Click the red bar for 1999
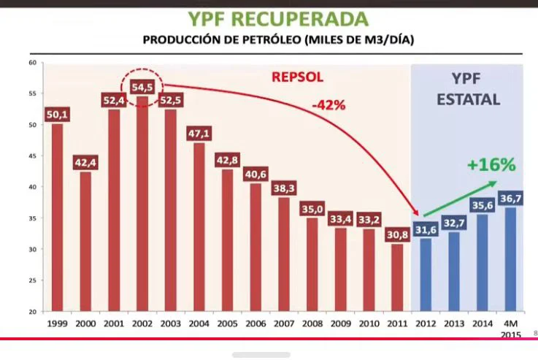click(x=57, y=219)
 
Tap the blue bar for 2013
click(x=454, y=274)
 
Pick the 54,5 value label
click(x=142, y=87)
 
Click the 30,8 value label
click(x=398, y=235)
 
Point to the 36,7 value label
click(x=511, y=199)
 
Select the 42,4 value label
click(x=85, y=163)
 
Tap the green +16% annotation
click(x=491, y=164)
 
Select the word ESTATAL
click(x=469, y=100)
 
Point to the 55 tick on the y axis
click(x=32, y=94)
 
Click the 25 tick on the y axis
click(x=32, y=281)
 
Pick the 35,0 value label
click(x=312, y=209)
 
